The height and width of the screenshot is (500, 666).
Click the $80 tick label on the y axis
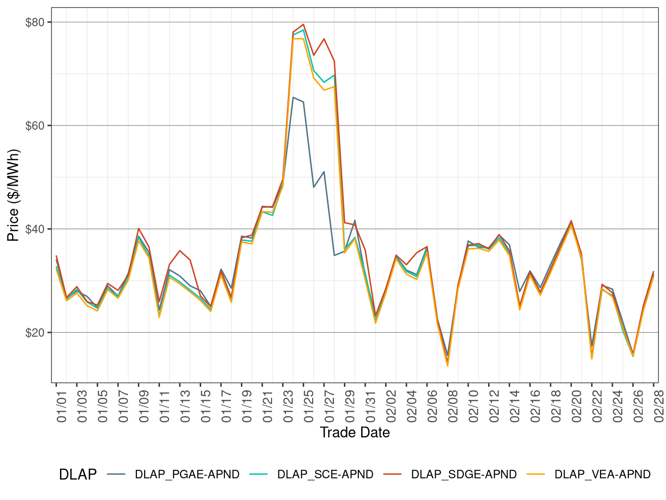(x=35, y=22)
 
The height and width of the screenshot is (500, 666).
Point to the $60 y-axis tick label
(x=35, y=125)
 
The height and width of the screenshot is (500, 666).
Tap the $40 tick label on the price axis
(x=35, y=229)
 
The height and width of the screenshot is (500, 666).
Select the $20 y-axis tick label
(x=35, y=332)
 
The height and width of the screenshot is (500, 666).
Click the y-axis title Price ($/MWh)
(x=13, y=195)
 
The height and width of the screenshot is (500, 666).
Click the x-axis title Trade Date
(x=355, y=433)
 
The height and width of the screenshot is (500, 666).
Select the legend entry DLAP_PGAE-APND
(x=187, y=475)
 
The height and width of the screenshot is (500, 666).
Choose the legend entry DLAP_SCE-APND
(x=325, y=475)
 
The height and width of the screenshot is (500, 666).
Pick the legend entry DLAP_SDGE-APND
(x=463, y=475)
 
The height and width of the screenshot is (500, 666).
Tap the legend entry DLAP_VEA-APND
(x=602, y=475)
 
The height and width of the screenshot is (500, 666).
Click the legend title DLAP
(x=77, y=475)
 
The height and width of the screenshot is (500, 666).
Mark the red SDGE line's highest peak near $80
(x=303, y=24)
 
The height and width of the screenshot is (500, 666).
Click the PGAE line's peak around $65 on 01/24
(x=293, y=97)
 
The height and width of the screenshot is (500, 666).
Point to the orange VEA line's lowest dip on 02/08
(x=447, y=366)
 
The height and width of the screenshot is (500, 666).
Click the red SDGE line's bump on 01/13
(x=180, y=250)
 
